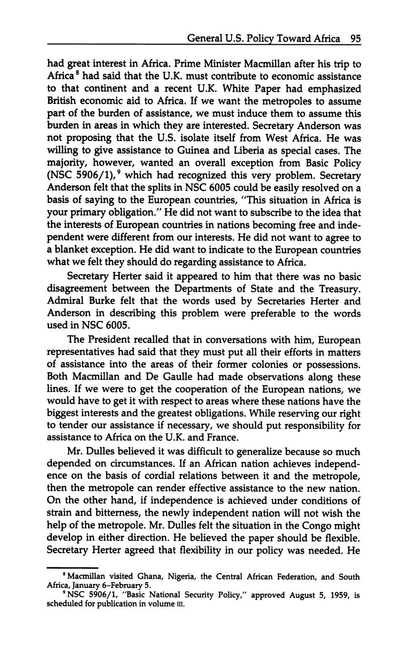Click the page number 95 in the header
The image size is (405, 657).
[355, 38]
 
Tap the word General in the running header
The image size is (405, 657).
[206, 38]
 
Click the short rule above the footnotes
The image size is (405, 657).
[72, 568]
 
